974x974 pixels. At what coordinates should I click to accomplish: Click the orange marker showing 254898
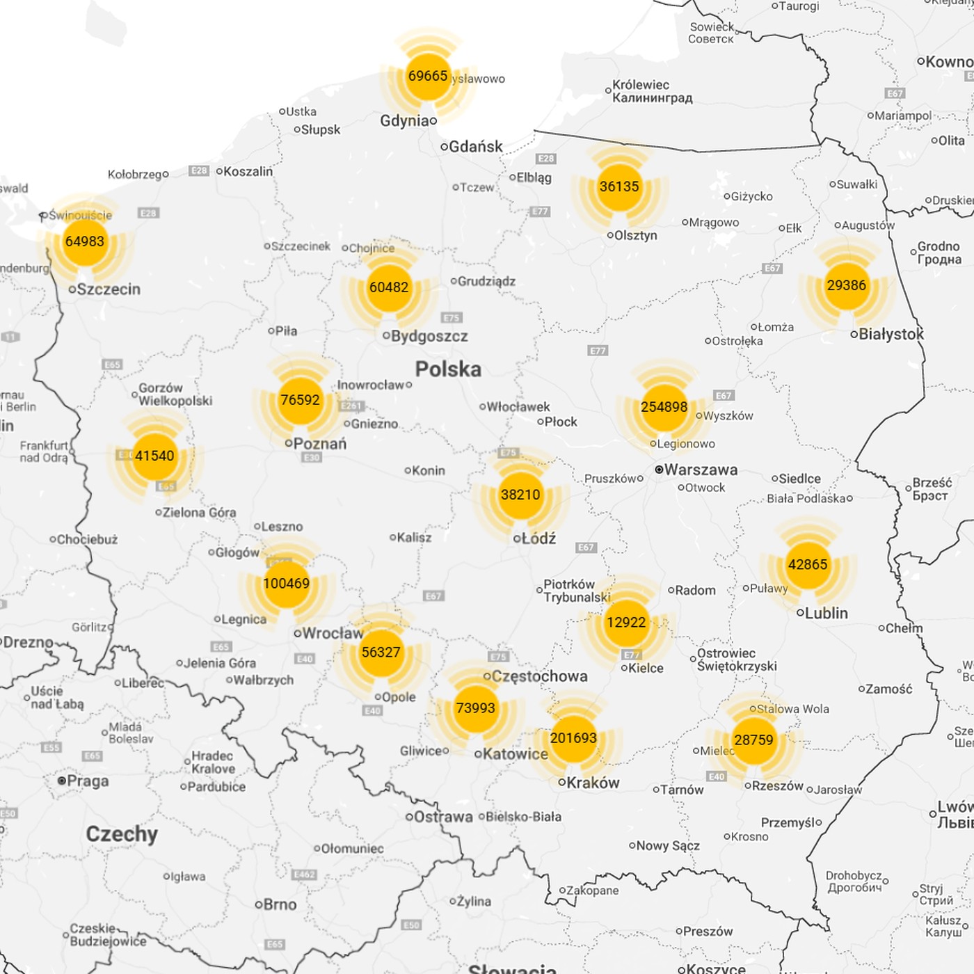click(x=664, y=407)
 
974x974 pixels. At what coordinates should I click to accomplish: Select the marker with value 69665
click(x=428, y=76)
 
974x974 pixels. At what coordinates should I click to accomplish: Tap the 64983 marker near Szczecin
click(x=85, y=241)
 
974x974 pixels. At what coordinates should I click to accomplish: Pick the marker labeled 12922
click(x=626, y=622)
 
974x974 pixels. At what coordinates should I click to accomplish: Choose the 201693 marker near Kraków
click(x=573, y=738)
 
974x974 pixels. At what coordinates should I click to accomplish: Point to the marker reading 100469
click(x=286, y=584)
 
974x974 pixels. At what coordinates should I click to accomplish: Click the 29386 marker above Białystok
click(x=846, y=285)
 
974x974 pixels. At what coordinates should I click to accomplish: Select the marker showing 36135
click(x=618, y=186)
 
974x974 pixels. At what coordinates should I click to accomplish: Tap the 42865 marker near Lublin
click(x=807, y=564)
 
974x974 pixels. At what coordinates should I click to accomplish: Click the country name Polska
click(x=448, y=369)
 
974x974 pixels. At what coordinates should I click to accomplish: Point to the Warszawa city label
click(x=701, y=470)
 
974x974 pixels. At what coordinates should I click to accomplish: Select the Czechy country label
click(x=122, y=834)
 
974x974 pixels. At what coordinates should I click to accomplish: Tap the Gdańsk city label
click(x=476, y=147)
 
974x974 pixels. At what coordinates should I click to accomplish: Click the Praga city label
click(x=88, y=781)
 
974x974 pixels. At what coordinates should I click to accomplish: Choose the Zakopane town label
click(x=592, y=891)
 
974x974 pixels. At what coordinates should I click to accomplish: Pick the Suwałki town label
click(x=857, y=184)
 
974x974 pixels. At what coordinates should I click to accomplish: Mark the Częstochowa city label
click(x=539, y=676)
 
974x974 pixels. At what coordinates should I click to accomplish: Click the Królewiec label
click(x=641, y=85)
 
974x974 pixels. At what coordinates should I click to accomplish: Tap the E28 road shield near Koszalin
click(x=199, y=170)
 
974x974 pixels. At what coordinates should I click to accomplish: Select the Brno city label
click(x=280, y=904)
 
